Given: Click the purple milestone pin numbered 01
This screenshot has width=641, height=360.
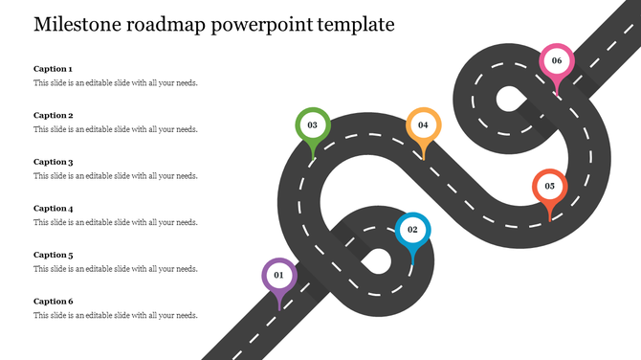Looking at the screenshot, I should point(278,276).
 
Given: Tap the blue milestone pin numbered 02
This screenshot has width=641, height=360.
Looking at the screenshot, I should point(412,230).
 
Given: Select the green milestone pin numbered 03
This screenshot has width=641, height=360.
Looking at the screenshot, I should point(312,125).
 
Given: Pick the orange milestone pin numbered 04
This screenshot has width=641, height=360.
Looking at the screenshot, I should point(423,125).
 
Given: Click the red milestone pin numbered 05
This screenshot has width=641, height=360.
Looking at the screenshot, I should point(549,187).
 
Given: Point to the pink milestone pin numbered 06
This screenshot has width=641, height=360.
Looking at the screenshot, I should point(557,61).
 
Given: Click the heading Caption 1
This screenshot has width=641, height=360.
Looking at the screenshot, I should point(53,69).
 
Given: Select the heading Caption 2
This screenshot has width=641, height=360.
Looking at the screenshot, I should point(54,115).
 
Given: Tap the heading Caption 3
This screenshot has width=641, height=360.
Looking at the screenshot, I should point(54,162).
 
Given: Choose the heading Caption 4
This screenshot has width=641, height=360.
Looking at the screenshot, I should point(54,208).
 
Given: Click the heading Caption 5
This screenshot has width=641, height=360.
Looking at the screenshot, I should point(54,255).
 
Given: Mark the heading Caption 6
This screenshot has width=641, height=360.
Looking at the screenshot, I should point(54,301).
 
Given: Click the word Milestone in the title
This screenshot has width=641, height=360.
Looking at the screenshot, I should point(77,25).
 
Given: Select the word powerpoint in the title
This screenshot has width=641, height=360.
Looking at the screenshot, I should point(269,25).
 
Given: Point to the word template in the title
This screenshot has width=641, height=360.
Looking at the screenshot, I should point(360,25).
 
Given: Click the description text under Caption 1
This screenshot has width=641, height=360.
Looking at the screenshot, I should point(116,83).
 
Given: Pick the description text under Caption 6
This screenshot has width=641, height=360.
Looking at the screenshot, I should point(116,315).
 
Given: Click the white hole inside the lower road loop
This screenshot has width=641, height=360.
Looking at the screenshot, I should point(377,260).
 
